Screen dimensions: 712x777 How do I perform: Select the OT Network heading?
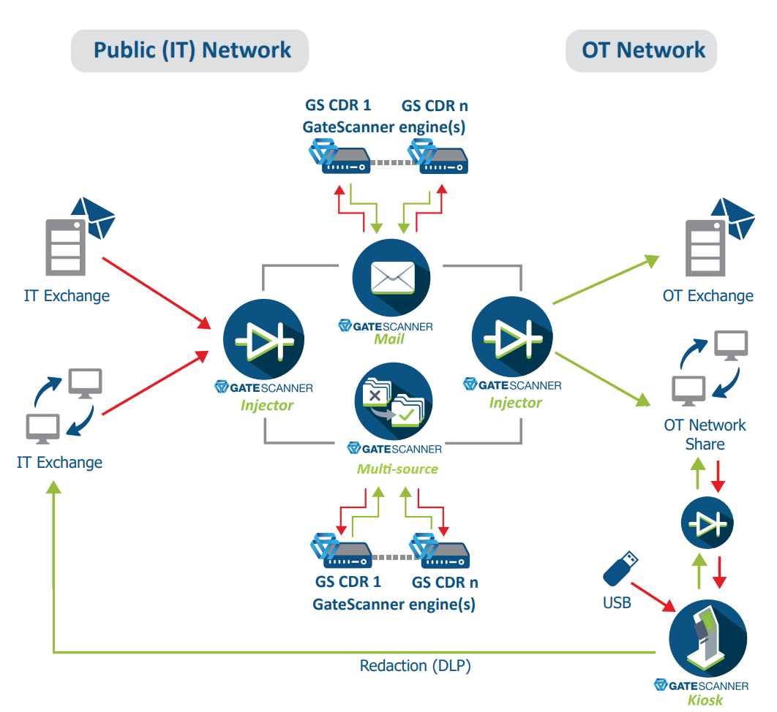click(643, 50)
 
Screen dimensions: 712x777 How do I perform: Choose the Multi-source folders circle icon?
click(393, 403)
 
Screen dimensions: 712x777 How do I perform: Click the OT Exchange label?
click(707, 296)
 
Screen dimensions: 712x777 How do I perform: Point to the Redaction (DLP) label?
click(415, 666)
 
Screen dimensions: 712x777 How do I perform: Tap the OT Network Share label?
click(705, 434)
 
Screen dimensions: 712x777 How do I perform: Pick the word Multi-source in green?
click(397, 469)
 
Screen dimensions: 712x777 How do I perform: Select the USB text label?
click(616, 605)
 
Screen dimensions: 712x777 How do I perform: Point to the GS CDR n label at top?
click(435, 106)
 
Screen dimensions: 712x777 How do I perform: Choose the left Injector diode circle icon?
click(263, 342)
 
